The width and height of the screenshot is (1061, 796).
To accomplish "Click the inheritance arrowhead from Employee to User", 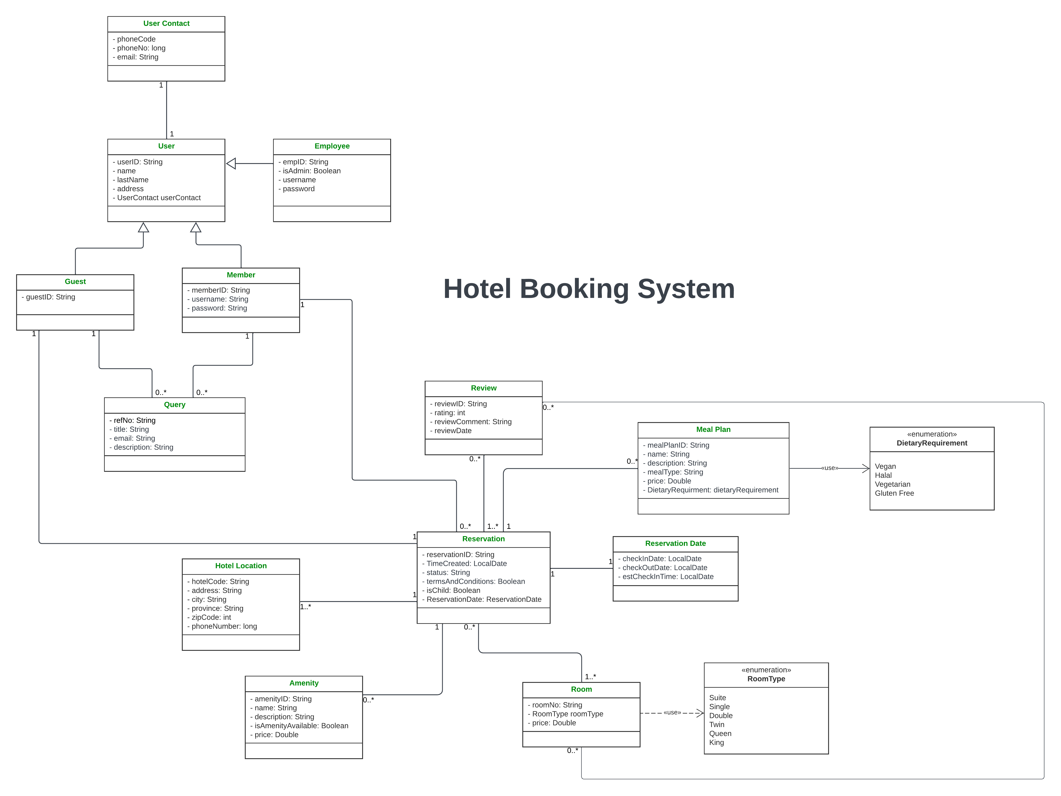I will click(231, 164).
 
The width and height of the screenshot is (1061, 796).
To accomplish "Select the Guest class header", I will click(75, 282).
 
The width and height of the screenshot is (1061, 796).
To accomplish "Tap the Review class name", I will click(483, 388).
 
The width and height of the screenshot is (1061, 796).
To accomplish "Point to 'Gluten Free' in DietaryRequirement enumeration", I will click(894, 493).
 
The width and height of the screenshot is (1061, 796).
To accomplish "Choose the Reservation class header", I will click(483, 539).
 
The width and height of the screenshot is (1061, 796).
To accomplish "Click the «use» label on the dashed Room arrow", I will click(672, 712).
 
